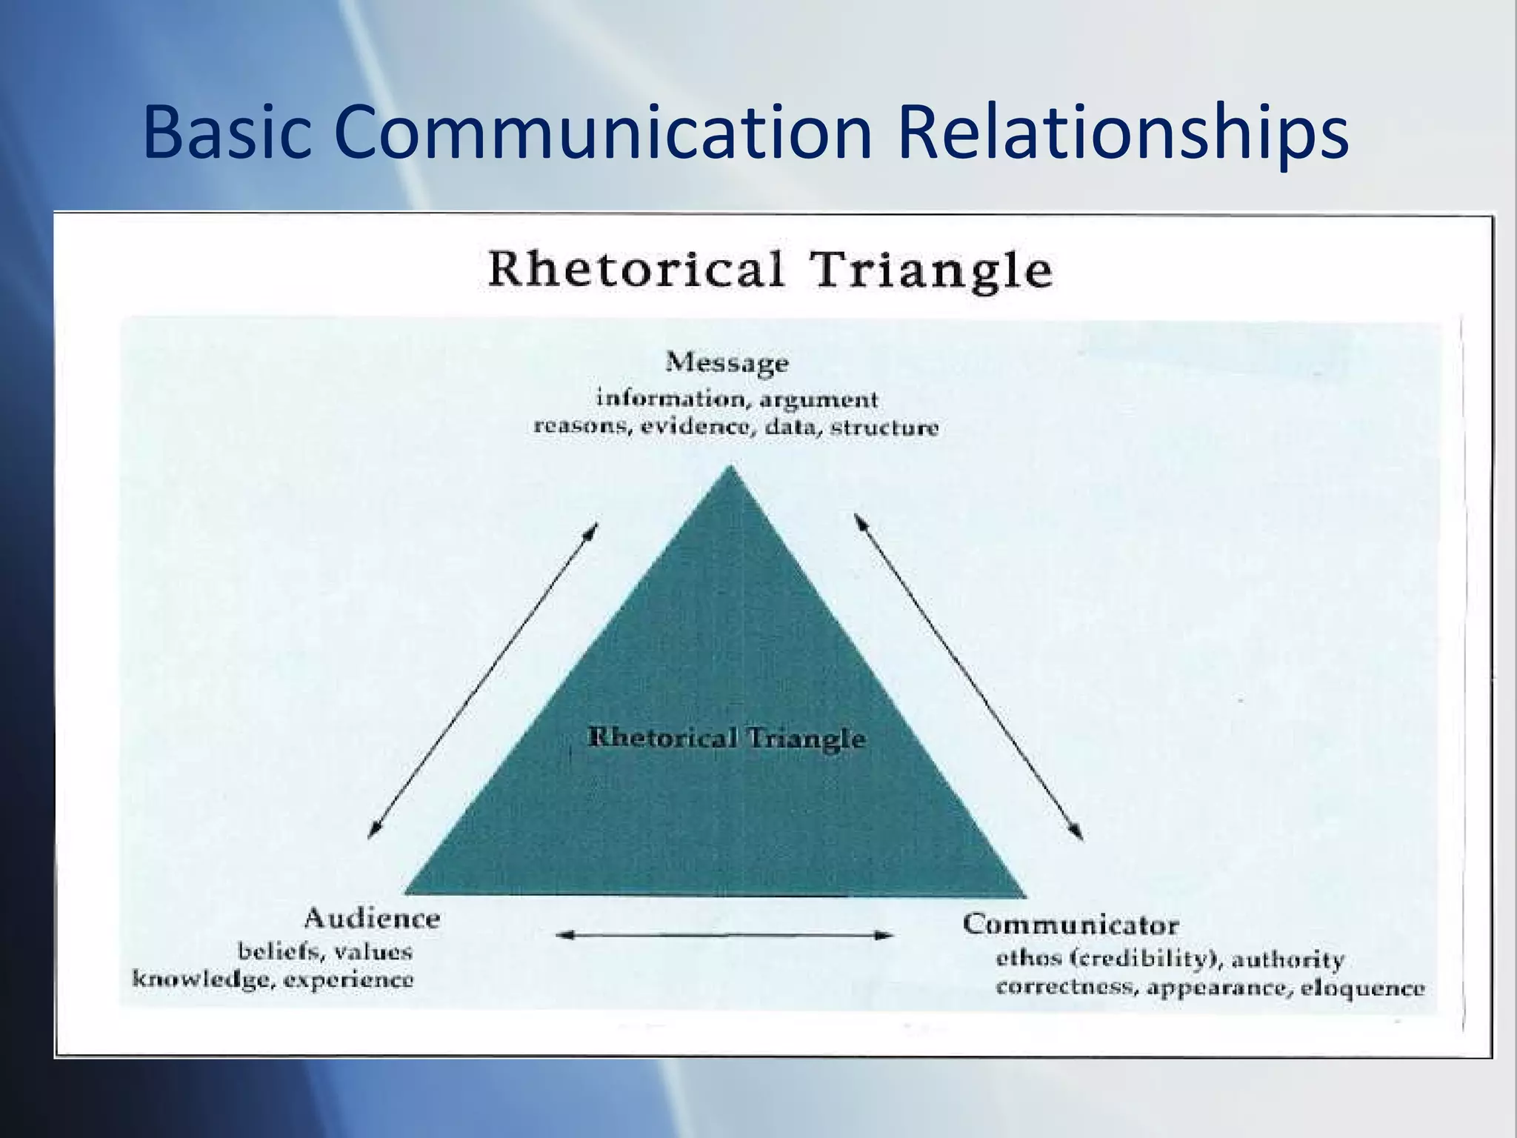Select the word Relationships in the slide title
pos(1123,133)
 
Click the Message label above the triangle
pos(727,363)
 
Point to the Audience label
pos(372,919)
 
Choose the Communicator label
pos(1070,925)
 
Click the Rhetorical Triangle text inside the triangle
pos(726,738)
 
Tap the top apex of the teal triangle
pos(731,468)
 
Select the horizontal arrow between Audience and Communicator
pos(724,936)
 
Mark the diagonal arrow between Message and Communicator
pos(969,677)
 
